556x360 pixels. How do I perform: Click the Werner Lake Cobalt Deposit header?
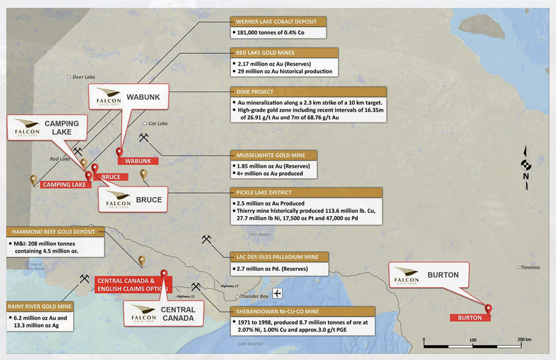tap(278, 22)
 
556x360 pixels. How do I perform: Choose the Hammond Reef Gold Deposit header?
tap(55, 232)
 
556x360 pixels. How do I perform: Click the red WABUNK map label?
tap(138, 161)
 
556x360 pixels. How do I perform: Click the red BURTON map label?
tap(469, 317)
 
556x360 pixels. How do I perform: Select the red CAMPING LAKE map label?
tap(64, 184)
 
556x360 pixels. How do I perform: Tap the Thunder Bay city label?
tap(253, 296)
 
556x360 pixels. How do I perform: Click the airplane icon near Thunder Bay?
tap(277, 293)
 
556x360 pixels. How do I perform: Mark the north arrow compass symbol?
tap(526, 165)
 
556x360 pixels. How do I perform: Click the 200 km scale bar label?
tap(523, 339)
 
